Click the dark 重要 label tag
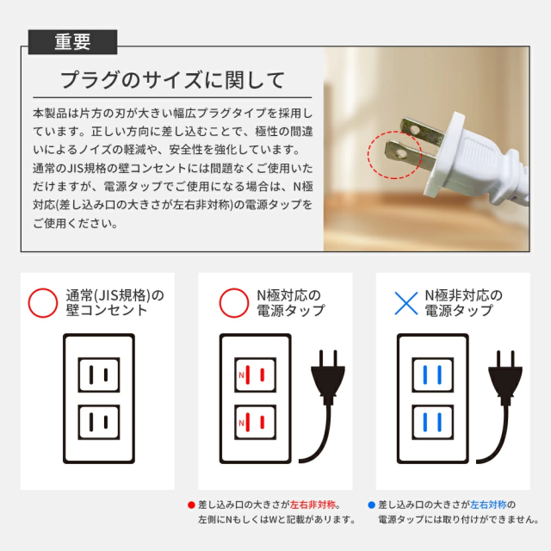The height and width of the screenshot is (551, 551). [72, 42]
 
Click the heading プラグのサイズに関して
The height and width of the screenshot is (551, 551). [172, 80]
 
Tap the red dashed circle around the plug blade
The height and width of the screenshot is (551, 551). [368, 155]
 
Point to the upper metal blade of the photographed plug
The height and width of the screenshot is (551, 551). [422, 132]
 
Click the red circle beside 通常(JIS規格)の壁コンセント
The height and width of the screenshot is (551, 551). [43, 303]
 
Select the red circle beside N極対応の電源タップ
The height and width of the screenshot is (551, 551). [234, 303]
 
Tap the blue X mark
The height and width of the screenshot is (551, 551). [406, 303]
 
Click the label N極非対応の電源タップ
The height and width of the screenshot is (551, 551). [463, 302]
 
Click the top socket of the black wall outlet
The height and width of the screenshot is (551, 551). [99, 375]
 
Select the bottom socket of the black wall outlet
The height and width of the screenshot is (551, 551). [99, 422]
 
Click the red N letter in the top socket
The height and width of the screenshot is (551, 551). [241, 375]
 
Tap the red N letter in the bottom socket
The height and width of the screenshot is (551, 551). [241, 423]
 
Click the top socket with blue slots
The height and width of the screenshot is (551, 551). [432, 375]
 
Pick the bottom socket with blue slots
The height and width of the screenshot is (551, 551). [432, 422]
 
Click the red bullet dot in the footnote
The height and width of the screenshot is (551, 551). [191, 505]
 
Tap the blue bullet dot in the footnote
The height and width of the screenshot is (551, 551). [371, 505]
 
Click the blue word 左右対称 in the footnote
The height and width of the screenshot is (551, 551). [488, 505]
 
